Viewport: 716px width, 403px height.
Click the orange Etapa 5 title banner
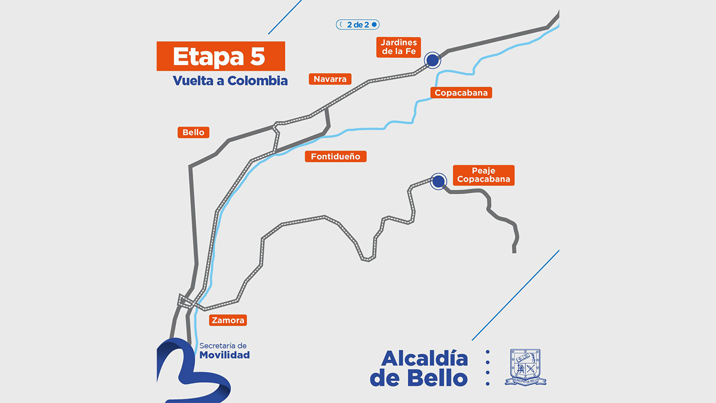point(220,56)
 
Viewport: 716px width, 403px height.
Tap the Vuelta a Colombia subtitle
point(230,81)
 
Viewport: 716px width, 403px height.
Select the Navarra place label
point(330,79)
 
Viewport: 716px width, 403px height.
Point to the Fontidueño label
point(336,156)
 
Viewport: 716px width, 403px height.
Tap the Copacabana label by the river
point(461,92)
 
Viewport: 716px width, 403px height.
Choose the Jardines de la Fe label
point(399,47)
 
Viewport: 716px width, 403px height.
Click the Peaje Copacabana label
point(483,175)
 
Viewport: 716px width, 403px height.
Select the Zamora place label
point(228,320)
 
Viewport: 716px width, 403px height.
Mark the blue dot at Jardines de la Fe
point(432,60)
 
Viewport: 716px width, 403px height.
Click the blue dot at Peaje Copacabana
point(439,181)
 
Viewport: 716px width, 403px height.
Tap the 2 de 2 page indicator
point(358,25)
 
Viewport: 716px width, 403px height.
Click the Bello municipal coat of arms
point(525,367)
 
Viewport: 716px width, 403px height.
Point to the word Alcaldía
point(425,359)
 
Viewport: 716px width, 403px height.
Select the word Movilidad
point(224,355)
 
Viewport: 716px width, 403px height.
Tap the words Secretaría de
point(223,346)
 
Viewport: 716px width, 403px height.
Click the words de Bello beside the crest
point(418,378)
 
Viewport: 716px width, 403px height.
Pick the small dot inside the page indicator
point(374,25)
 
